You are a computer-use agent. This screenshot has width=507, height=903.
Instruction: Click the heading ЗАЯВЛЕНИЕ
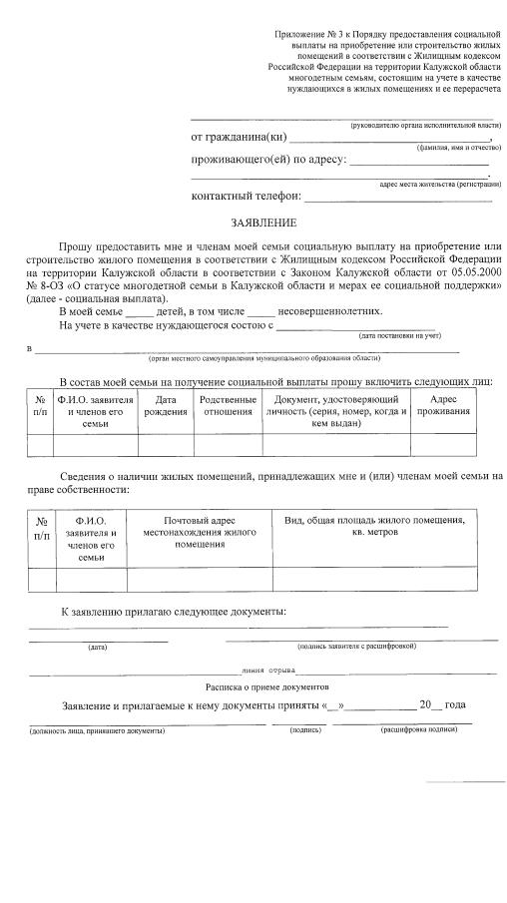point(257,223)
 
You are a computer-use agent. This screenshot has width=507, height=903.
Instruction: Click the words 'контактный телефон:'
point(246,196)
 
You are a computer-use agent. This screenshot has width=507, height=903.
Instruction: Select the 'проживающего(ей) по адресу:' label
point(268,160)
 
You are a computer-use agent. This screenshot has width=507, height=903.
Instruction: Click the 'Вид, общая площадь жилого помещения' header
point(375,526)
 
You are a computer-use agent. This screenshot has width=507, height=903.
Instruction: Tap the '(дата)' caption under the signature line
point(98,647)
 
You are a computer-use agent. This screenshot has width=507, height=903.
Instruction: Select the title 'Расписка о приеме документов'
point(266,687)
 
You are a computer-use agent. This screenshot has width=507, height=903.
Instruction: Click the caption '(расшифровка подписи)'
point(416,730)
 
